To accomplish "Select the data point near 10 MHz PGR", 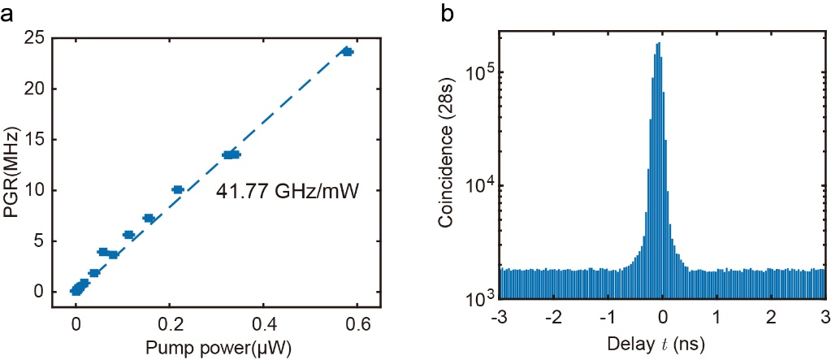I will point(178,189).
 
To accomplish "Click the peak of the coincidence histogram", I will point(658,43).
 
